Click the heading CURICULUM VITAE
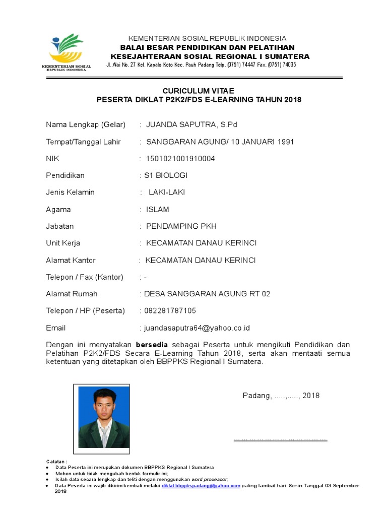pyautogui.click(x=199, y=90)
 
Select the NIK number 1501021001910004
pyautogui.click(x=180, y=159)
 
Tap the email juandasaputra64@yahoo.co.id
pyautogui.click(x=197, y=328)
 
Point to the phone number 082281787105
pyautogui.click(x=170, y=311)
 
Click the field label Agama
pyautogui.click(x=58, y=209)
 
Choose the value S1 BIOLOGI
pyautogui.click(x=166, y=175)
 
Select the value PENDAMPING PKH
pyautogui.click(x=181, y=226)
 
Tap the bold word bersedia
pyautogui.click(x=158, y=345)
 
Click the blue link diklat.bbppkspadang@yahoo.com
pyautogui.click(x=201, y=486)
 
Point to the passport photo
pyautogui.click(x=104, y=418)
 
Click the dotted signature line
pyautogui.click(x=281, y=439)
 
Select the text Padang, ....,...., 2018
pyautogui.click(x=281, y=396)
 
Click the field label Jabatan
pyautogui.click(x=60, y=226)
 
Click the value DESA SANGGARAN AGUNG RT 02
pyautogui.click(x=207, y=294)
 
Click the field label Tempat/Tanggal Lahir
pyautogui.click(x=84, y=142)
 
